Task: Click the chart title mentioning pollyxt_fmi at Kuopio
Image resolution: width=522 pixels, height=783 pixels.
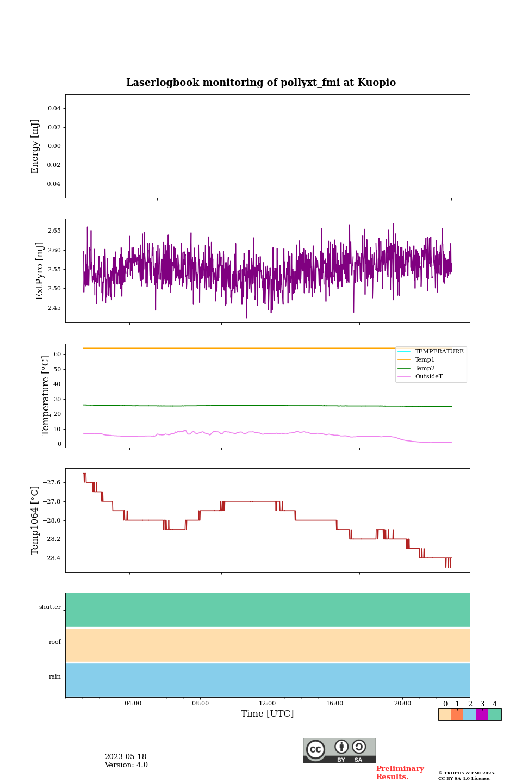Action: [261, 83]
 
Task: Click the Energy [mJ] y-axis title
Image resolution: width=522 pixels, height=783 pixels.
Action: [35, 146]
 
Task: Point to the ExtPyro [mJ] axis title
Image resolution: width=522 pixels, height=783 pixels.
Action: [40, 271]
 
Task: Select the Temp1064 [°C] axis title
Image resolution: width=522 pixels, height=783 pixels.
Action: [35, 520]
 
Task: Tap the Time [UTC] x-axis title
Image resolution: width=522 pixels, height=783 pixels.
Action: [267, 713]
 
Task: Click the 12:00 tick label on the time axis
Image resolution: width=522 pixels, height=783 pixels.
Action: [267, 703]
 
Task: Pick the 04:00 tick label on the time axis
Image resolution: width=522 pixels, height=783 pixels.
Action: [133, 703]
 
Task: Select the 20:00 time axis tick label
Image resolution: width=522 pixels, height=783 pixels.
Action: [402, 703]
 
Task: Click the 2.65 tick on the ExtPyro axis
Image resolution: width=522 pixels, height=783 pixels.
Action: [54, 231]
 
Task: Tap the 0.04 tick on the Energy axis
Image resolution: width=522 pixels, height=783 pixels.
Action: [54, 109]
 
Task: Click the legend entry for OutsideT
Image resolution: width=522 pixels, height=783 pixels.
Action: [428, 377]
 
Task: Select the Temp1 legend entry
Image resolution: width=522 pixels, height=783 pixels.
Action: [425, 360]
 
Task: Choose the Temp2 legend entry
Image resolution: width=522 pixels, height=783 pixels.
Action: [425, 368]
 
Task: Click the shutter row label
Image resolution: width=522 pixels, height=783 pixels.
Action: [50, 607]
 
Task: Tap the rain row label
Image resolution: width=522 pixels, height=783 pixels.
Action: [55, 677]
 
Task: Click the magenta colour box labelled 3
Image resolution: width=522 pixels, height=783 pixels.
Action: [482, 714]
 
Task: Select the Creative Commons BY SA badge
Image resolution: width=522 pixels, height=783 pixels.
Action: [339, 750]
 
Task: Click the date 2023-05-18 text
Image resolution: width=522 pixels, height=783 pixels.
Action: [126, 757]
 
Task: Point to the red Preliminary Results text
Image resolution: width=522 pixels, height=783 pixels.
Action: [400, 773]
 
